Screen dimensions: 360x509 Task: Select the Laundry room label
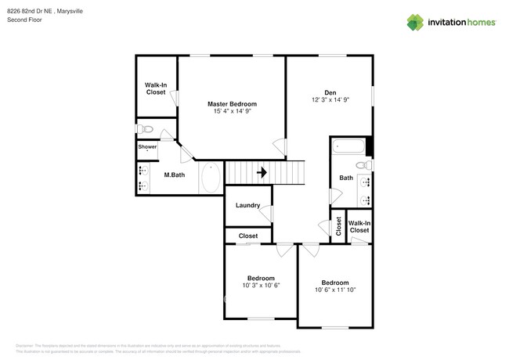[247, 206]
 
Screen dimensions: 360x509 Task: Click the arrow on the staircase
[263, 172]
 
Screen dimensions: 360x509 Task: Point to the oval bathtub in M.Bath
[211, 178]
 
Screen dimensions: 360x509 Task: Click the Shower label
[147, 146]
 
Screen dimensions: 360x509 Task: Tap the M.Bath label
[174, 175]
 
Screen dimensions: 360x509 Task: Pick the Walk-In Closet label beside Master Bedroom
[155, 88]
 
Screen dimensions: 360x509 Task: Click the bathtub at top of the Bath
[348, 146]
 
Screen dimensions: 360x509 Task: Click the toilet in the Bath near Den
[362, 165]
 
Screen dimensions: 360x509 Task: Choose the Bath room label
[345, 178]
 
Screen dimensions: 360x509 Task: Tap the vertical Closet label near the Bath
[338, 226]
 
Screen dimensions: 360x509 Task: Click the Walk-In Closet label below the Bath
[359, 226]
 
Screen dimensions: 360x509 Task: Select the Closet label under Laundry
[248, 236]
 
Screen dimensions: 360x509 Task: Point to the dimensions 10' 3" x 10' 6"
[261, 286]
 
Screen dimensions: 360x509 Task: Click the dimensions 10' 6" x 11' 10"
[335, 290]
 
